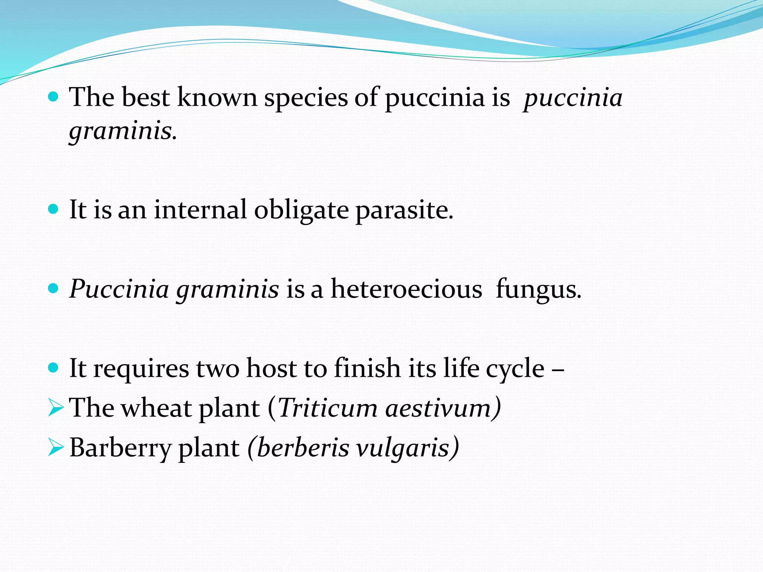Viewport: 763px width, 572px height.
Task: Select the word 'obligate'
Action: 301,210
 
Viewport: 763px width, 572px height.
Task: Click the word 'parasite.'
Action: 404,210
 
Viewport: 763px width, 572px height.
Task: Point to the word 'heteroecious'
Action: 406,289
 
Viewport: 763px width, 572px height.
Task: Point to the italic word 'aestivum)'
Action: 443,408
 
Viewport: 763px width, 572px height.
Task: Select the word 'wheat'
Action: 156,408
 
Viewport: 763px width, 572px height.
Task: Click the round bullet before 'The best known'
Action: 54,98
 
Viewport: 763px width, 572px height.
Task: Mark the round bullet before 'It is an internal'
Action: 54,209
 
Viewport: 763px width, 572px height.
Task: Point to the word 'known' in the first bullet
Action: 217,98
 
